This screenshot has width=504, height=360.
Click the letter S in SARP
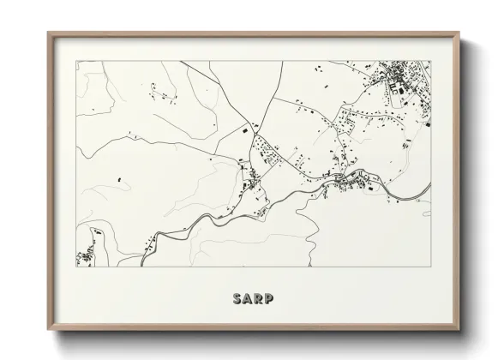click(x=237, y=299)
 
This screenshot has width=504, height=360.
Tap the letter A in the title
click(x=248, y=299)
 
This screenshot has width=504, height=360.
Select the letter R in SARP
click(x=259, y=299)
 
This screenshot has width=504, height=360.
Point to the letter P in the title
click(x=270, y=299)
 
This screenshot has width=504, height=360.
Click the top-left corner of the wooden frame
click(x=48, y=33)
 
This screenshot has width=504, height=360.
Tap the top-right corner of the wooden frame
click(x=459, y=33)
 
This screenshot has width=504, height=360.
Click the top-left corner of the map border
click(x=76, y=61)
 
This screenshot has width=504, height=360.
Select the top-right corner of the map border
click(x=430, y=61)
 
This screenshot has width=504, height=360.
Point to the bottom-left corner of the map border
click(x=76, y=266)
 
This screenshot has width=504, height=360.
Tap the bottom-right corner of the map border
click(x=430, y=266)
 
